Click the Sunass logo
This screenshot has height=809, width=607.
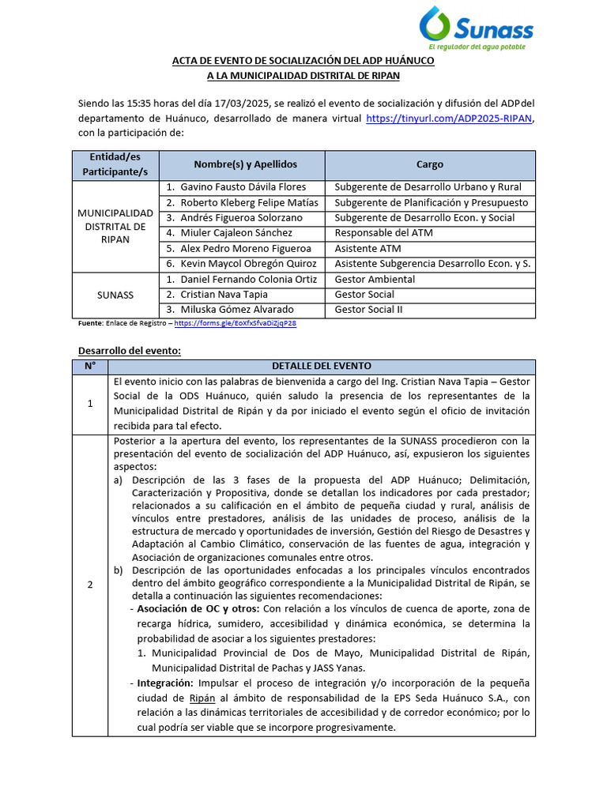point(476,25)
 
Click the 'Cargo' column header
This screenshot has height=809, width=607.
point(430,164)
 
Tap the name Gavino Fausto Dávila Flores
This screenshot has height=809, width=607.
point(243,187)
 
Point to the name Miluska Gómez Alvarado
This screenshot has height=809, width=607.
point(237,309)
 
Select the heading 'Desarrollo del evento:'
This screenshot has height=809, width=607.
point(130,350)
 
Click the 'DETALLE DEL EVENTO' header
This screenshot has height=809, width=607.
point(321,366)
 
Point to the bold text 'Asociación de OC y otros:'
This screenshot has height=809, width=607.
point(198,609)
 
